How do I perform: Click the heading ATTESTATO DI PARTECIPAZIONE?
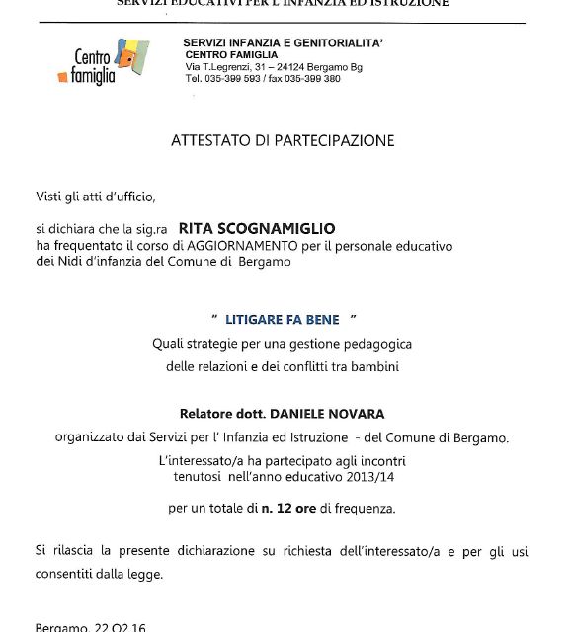point(282,140)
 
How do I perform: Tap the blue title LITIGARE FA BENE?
point(282,319)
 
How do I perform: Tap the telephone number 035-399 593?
point(237,78)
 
